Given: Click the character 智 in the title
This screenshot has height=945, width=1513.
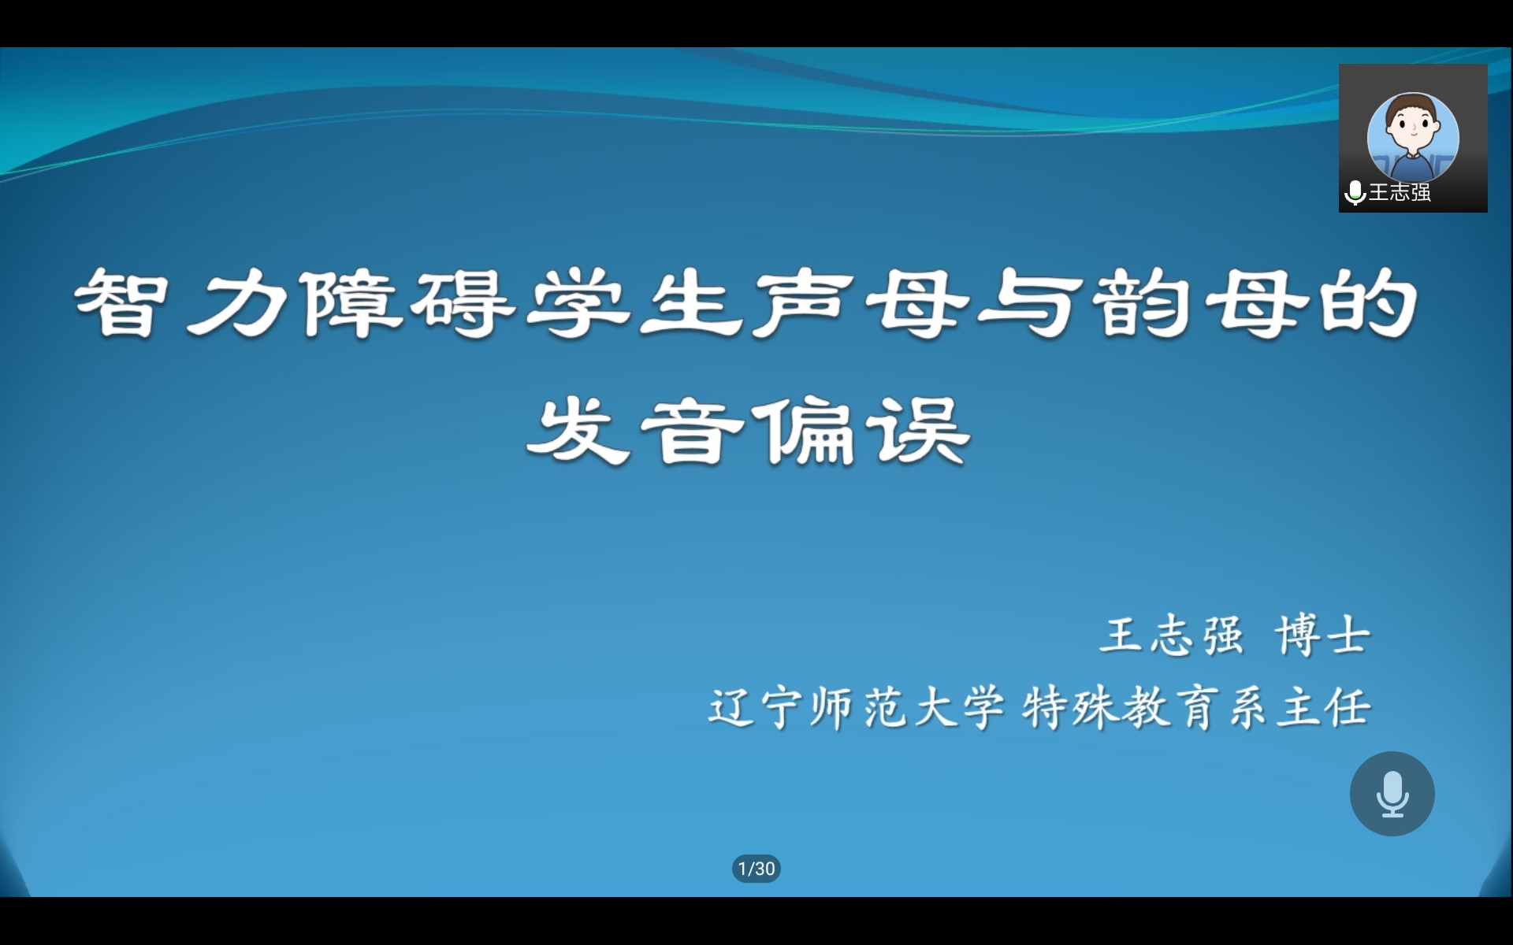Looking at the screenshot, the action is click(121, 303).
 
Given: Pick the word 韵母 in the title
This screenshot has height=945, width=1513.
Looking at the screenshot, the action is click(1198, 303).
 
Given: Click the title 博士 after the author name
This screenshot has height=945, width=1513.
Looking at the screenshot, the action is click(1323, 636).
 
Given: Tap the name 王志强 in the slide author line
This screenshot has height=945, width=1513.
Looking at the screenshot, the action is click(1172, 636).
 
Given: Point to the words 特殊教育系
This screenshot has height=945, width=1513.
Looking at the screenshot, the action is click(1143, 707).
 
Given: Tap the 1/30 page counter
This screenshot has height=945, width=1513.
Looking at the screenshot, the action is click(756, 869).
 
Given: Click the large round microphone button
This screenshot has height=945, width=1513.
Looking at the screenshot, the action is click(1392, 794).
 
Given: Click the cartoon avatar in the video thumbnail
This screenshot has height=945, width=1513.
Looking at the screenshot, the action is click(1413, 138).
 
